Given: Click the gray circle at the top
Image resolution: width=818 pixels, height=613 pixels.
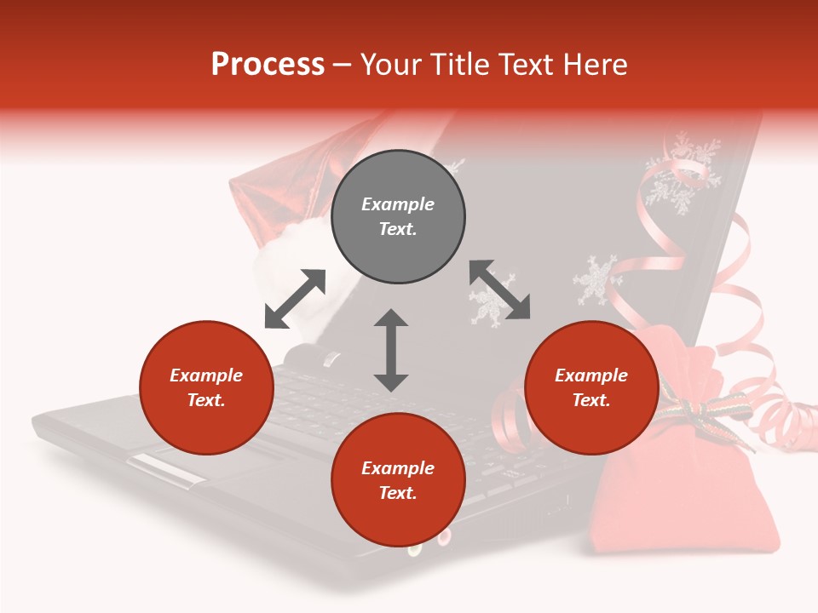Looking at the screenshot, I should tap(398, 217).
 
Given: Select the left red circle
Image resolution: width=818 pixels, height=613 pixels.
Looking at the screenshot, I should tap(206, 387).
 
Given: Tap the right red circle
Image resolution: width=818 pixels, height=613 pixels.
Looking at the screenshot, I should tap(591, 387).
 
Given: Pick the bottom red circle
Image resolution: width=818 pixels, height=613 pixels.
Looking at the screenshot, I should tap(398, 480).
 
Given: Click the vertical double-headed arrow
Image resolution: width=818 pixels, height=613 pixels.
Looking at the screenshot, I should tap(391, 350).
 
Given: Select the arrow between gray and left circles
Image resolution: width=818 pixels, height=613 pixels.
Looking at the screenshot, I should tap(295, 299).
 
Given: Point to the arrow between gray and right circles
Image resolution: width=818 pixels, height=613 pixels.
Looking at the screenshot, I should tap(499, 290).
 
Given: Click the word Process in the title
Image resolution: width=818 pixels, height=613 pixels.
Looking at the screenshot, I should tap(268, 65).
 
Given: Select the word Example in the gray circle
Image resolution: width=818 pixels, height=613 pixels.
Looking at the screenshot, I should tap(398, 204).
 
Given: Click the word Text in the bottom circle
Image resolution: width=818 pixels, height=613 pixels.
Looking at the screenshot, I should tap(395, 493).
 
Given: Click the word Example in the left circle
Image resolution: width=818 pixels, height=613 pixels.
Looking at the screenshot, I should tap(206, 375).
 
